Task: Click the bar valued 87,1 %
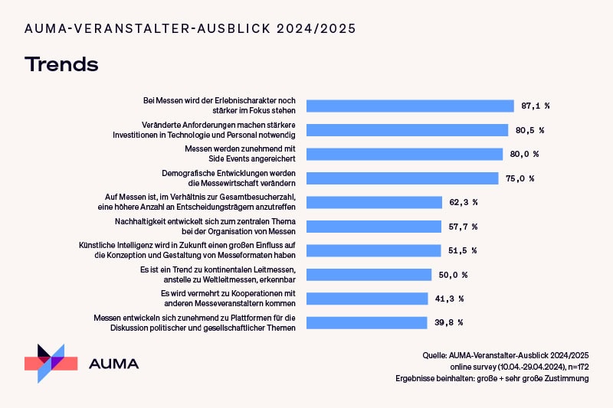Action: tap(410, 106)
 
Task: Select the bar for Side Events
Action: tap(405, 154)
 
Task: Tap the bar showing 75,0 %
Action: tap(402, 178)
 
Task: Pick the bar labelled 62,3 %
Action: tap(374, 202)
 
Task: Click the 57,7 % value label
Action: tap(464, 227)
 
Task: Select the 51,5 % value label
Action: tap(463, 250)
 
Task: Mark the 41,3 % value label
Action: tap(449, 299)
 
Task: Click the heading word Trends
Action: tap(61, 64)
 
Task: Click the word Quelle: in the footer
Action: tap(435, 356)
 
